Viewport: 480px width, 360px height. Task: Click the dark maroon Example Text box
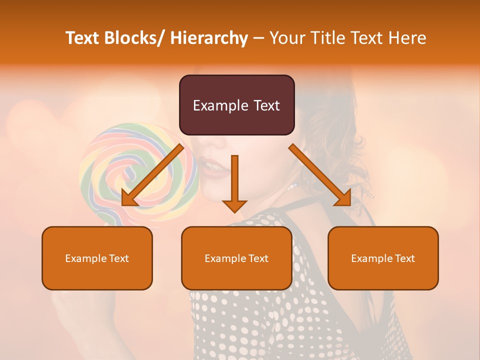pyautogui.click(x=236, y=105)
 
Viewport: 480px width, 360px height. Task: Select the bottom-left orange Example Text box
pyautogui.click(x=97, y=258)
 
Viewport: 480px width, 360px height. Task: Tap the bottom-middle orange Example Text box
pyautogui.click(x=236, y=258)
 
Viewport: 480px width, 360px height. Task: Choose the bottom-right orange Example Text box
pyautogui.click(x=383, y=258)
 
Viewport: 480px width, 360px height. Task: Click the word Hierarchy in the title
pyautogui.click(x=209, y=38)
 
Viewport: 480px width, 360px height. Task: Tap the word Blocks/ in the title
pyautogui.click(x=135, y=38)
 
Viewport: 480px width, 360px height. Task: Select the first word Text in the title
pyautogui.click(x=83, y=38)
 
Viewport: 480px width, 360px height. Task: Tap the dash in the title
pyautogui.click(x=258, y=38)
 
